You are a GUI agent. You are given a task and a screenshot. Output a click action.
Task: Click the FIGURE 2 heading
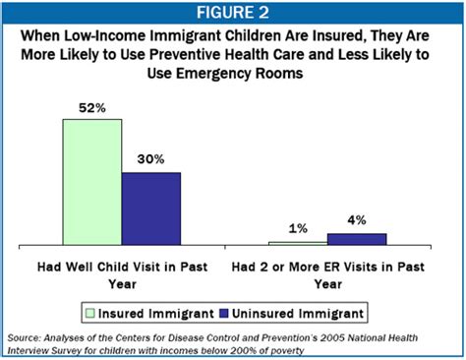tap(233, 12)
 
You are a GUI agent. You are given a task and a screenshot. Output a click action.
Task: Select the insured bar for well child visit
tap(91, 181)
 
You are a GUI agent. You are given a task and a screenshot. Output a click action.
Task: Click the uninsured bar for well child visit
tap(150, 208)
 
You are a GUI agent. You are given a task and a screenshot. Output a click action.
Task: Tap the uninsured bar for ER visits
tap(357, 238)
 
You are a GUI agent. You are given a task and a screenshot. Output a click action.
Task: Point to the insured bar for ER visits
tap(298, 242)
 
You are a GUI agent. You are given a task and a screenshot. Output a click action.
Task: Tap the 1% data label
tap(298, 229)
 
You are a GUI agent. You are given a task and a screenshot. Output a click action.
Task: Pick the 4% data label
tap(357, 221)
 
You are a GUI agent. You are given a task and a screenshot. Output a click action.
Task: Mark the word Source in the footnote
tap(24, 336)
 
